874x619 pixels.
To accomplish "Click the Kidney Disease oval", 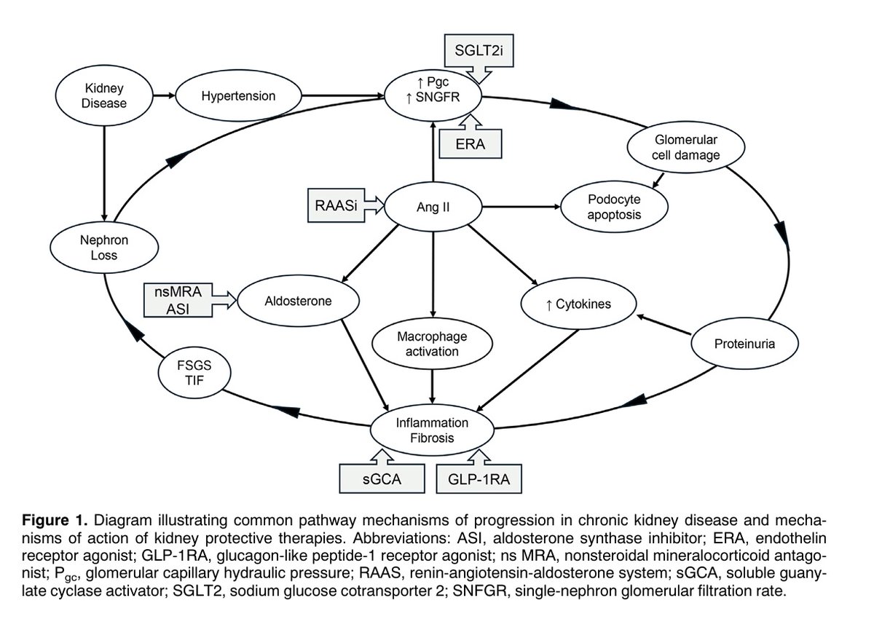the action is (x=103, y=95).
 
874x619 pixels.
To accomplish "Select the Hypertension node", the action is (x=238, y=95).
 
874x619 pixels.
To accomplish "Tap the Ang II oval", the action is (x=433, y=207).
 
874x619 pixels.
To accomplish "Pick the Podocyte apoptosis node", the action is (x=614, y=207).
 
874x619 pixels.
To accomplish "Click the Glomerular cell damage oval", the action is (x=685, y=147).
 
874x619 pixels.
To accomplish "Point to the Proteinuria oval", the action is (x=744, y=344).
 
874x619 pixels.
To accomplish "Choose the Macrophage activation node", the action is (x=433, y=344).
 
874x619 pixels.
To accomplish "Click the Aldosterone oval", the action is (x=298, y=301).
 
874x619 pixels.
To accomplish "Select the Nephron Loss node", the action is (x=104, y=248).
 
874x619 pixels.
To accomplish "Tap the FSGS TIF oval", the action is (x=194, y=373).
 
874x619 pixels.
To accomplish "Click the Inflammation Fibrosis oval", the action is (x=433, y=430).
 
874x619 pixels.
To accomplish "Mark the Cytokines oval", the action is (x=578, y=304).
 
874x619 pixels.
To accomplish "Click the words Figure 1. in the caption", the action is (x=54, y=520).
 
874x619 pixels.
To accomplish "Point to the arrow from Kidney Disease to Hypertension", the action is (x=165, y=95).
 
